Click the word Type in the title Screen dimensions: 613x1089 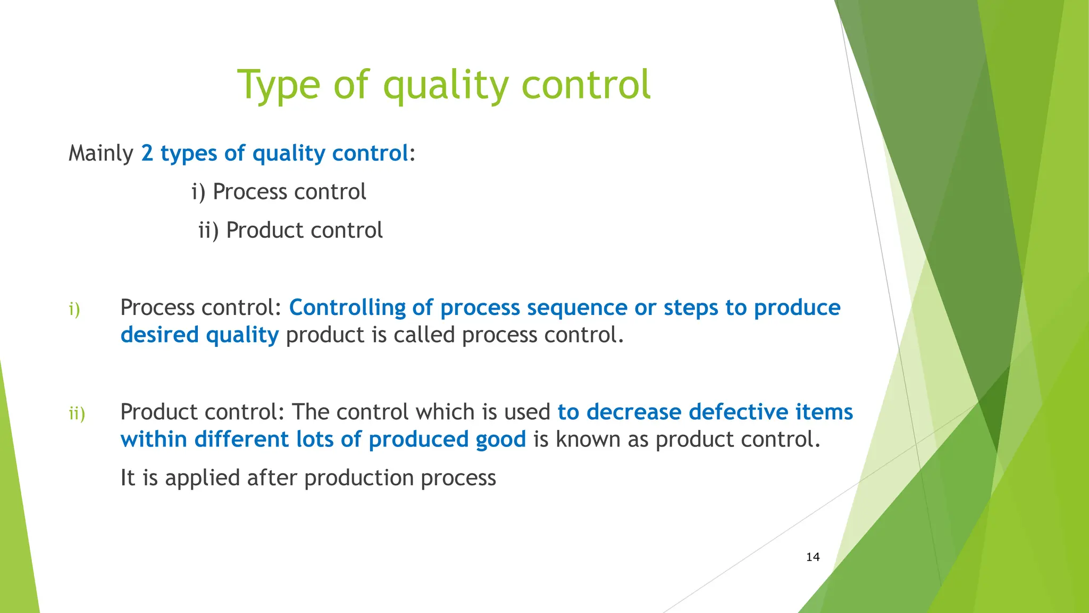278,85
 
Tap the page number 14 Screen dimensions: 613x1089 812,557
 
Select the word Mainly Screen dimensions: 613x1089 100,154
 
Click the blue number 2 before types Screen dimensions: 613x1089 147,154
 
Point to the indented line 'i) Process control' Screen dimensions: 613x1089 279,192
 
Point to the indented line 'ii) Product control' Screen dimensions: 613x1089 290,230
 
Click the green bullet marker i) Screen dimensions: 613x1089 74,309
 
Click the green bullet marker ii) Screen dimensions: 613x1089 77,413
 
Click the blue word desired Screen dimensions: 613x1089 160,335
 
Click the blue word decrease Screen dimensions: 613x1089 633,412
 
